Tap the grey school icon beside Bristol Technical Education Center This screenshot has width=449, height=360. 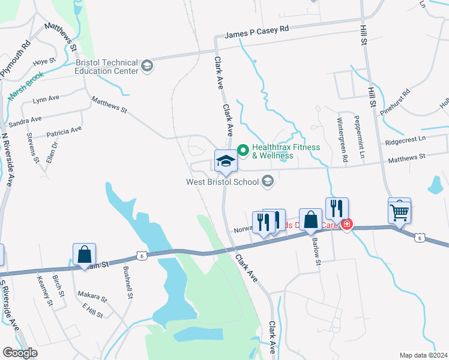[x=147, y=67]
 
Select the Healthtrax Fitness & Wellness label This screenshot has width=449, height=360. [x=286, y=151]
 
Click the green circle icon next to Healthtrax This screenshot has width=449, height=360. [x=244, y=148]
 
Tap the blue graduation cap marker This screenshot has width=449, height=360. [x=226, y=161]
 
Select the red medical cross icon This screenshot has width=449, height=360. [x=346, y=225]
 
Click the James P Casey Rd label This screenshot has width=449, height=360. [x=257, y=35]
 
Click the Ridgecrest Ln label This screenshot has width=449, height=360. [x=405, y=142]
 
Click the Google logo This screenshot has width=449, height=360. [x=20, y=353]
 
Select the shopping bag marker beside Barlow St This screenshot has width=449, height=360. [x=311, y=221]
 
